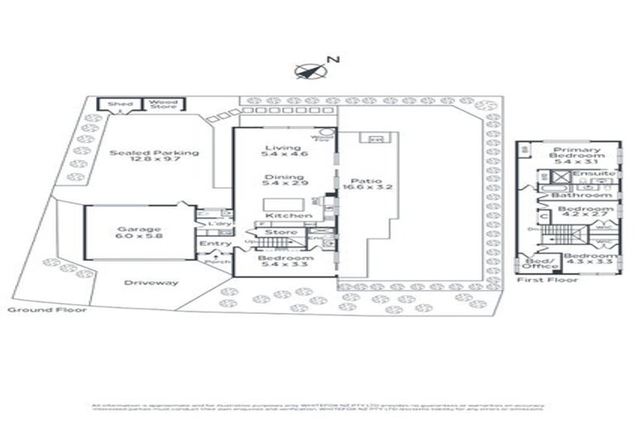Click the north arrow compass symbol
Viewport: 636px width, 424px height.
tap(307, 70)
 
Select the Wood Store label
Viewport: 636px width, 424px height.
tap(163, 104)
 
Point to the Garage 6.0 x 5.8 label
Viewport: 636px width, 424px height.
tap(139, 233)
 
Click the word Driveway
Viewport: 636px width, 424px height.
tap(151, 282)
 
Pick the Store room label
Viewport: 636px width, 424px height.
tap(282, 233)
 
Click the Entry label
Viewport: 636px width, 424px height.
tap(214, 243)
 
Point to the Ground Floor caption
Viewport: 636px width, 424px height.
tap(36, 309)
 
